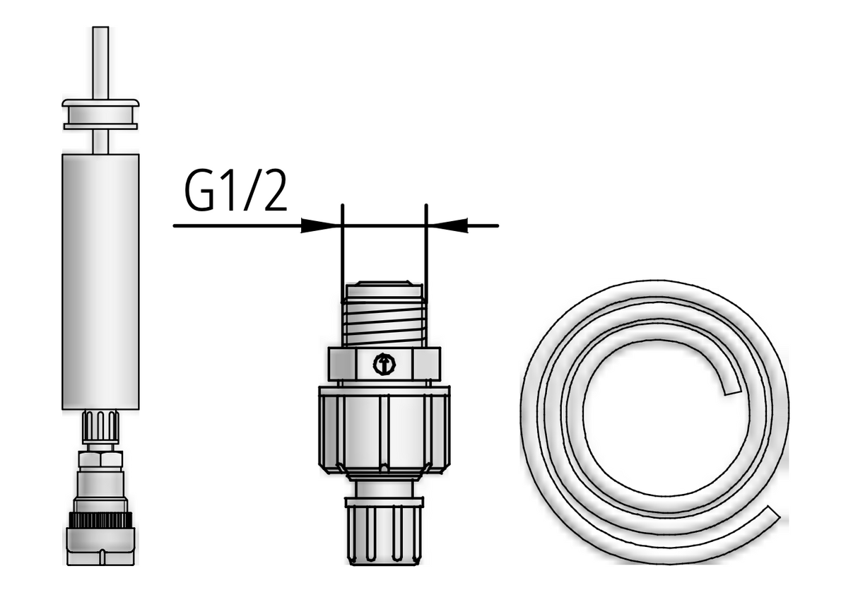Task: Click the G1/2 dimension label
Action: click(x=236, y=192)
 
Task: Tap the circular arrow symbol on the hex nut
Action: click(x=384, y=365)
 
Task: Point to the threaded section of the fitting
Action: click(x=384, y=322)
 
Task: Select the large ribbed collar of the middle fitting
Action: click(x=384, y=429)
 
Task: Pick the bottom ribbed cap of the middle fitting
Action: click(x=384, y=534)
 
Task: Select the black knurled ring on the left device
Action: click(x=100, y=519)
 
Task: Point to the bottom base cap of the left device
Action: click(x=100, y=548)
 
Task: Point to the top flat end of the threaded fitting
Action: click(x=384, y=287)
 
